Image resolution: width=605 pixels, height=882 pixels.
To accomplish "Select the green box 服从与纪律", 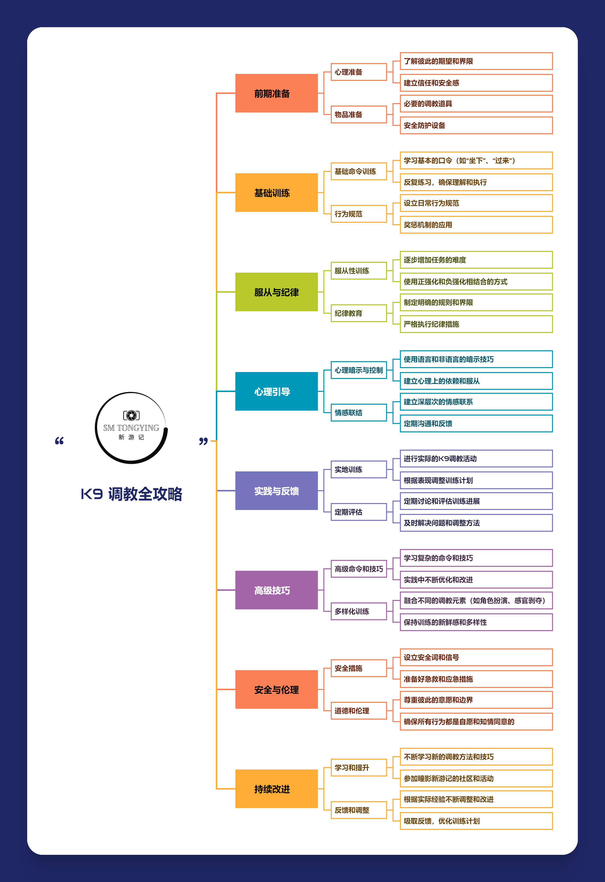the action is (x=276, y=292).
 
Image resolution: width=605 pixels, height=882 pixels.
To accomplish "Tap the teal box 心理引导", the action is (x=276, y=391).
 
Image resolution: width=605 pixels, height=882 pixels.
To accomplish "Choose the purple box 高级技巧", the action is (x=276, y=590).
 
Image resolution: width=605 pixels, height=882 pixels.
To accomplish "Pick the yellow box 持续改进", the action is (x=276, y=789).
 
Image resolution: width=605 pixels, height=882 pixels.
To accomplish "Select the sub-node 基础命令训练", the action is (x=359, y=171).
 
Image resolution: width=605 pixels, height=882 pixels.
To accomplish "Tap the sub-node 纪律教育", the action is (x=359, y=313).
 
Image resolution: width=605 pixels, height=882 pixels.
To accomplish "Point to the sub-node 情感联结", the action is (x=359, y=413).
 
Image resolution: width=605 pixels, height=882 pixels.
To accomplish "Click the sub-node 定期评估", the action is (x=359, y=512).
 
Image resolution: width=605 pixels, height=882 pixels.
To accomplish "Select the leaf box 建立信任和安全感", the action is (x=476, y=83).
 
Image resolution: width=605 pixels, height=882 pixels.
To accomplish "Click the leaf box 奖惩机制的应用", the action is (x=476, y=225).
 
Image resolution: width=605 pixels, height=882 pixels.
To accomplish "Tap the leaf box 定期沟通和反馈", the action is (x=476, y=423).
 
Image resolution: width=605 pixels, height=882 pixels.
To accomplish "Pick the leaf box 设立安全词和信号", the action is (x=476, y=657).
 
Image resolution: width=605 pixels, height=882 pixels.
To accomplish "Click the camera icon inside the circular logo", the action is (x=131, y=416).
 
